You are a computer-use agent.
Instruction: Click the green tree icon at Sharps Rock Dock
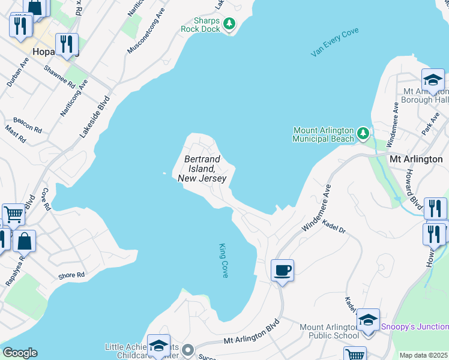tap(229, 24)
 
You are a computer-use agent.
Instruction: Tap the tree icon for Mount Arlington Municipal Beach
tap(363, 133)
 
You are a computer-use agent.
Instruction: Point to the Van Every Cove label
tap(334, 42)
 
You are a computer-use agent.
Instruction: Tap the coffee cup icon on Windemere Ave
tap(282, 269)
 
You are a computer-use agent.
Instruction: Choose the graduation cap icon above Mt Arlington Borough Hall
tap(432, 79)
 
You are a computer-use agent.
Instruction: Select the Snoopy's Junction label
tap(414, 326)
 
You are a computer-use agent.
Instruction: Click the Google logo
tap(20, 353)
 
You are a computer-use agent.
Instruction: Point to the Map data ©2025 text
tap(423, 355)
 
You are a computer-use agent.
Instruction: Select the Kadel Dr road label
tap(334, 226)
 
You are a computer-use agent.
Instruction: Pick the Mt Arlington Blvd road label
tap(252, 335)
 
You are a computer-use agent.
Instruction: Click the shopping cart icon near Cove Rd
tap(13, 214)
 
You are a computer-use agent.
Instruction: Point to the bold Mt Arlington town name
tap(416, 159)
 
